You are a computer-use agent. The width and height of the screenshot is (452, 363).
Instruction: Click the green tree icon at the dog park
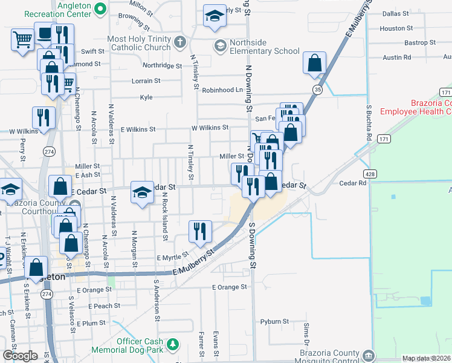173,344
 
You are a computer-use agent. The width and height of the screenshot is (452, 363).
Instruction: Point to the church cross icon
179,42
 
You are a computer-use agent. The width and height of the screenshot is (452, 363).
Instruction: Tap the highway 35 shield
317,89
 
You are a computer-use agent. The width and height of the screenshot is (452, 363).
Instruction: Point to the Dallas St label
396,13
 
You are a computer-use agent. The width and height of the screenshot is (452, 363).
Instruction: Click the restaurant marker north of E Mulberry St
200,231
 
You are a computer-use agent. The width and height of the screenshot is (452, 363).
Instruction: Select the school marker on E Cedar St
142,192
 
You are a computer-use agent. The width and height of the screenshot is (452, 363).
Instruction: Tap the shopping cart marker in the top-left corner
22,40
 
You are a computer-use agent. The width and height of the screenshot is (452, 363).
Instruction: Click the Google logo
20,356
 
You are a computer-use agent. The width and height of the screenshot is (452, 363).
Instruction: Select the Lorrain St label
146,80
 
